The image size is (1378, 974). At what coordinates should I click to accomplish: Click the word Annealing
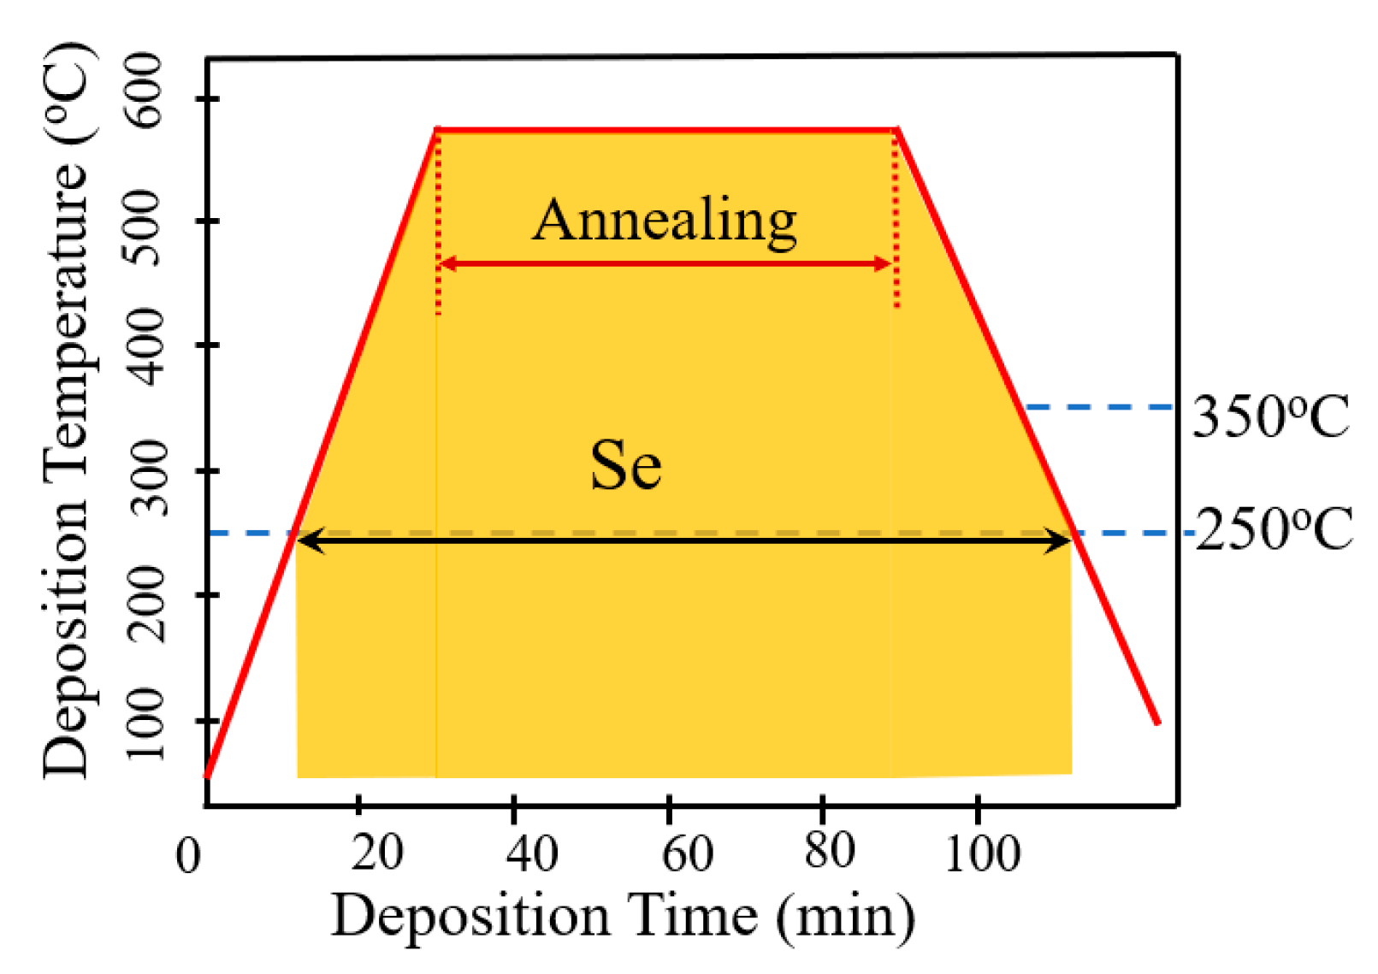click(x=665, y=221)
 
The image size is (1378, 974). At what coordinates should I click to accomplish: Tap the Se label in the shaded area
click(x=625, y=466)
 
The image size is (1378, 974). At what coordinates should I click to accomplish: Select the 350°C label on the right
click(x=1270, y=417)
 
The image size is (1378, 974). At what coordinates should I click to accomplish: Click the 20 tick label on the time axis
click(x=376, y=853)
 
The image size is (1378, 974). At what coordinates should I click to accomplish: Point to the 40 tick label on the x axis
click(x=531, y=853)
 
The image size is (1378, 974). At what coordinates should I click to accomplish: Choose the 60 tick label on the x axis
click(x=687, y=853)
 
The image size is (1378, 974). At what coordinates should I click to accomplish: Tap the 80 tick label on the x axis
click(x=829, y=851)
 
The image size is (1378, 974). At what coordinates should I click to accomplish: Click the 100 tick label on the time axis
click(x=982, y=853)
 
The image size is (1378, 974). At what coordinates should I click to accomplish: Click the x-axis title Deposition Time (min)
click(x=623, y=916)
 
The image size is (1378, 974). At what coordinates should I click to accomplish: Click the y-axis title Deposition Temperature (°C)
click(x=67, y=410)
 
